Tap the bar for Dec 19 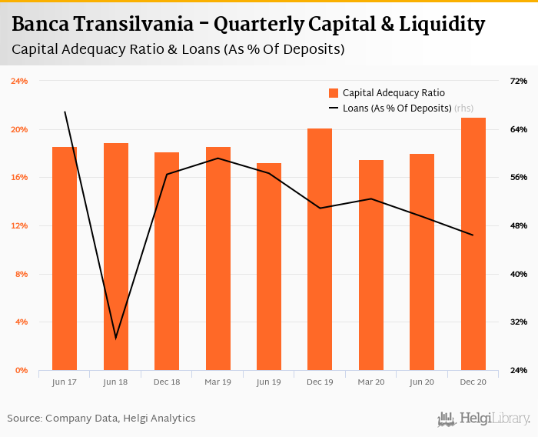pyautogui.click(x=320, y=249)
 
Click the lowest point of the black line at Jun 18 pyautogui.click(x=116, y=338)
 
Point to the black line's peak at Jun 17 pyautogui.click(x=65, y=112)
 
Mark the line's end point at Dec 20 pyautogui.click(x=473, y=235)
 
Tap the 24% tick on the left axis pyautogui.click(x=18, y=81)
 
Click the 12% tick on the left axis pyautogui.click(x=18, y=225)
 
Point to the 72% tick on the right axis pyautogui.click(x=518, y=81)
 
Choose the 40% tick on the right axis pyautogui.click(x=518, y=274)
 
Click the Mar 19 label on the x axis pyautogui.click(x=218, y=382)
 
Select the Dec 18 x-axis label pyautogui.click(x=167, y=382)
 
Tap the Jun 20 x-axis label pyautogui.click(x=422, y=382)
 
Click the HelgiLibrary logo pyautogui.click(x=483, y=419)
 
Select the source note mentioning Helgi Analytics pyautogui.click(x=101, y=419)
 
